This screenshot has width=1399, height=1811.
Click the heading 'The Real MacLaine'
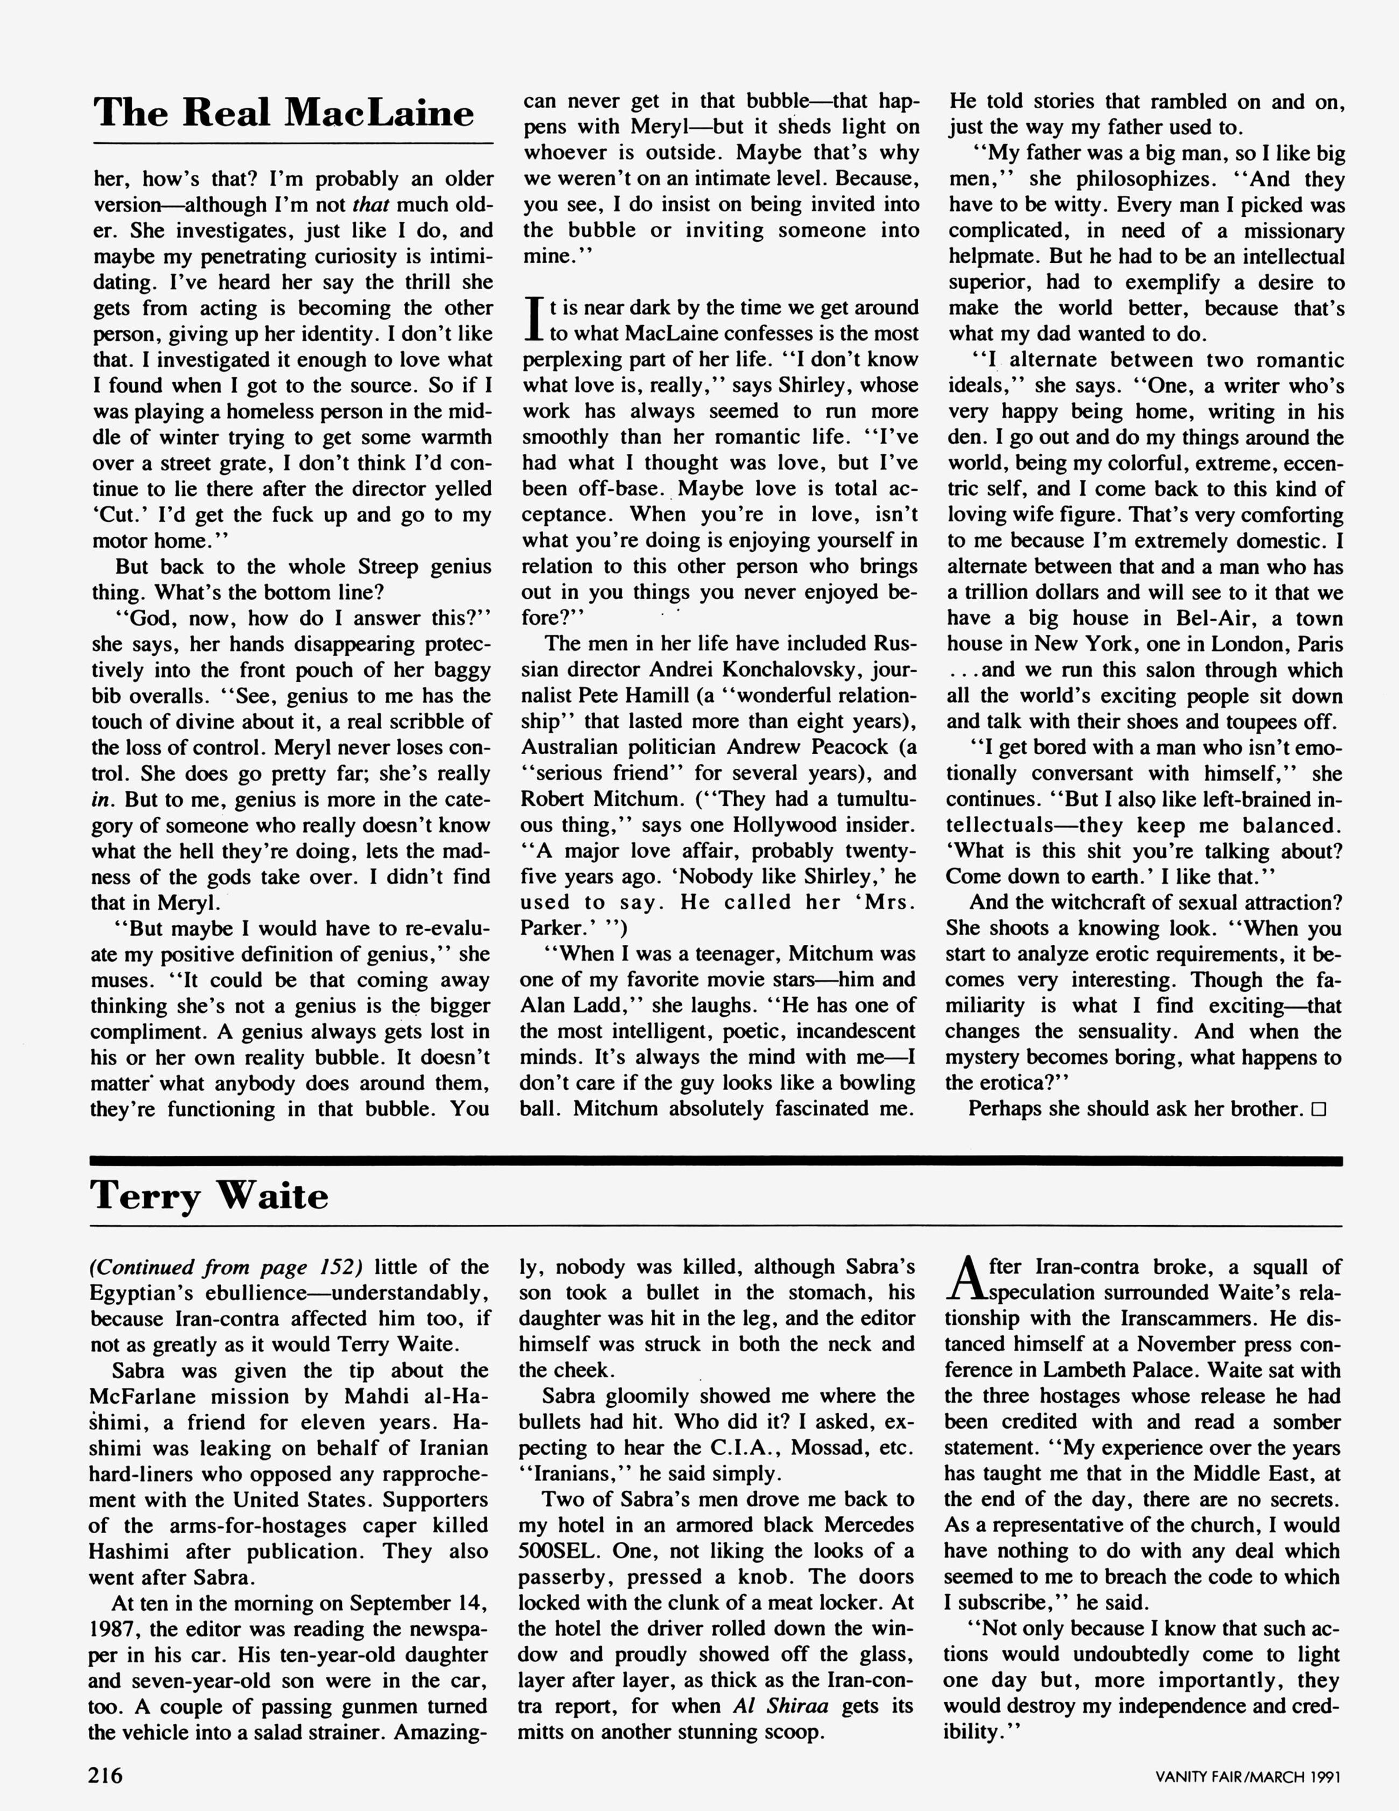pos(284,113)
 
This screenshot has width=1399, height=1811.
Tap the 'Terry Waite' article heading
pos(209,1196)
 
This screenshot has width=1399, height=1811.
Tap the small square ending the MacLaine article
pos(1319,1110)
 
